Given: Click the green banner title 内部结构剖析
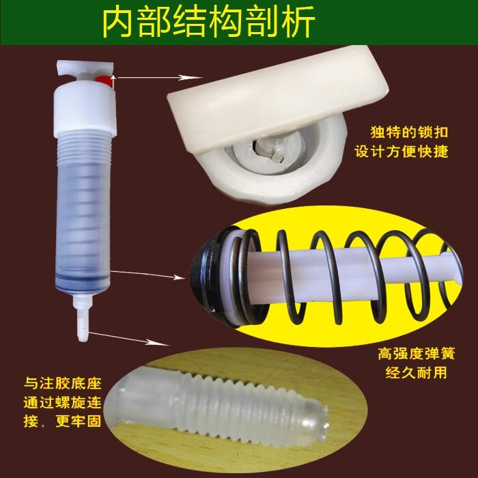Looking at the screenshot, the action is click(208, 23).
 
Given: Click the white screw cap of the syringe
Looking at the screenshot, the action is click(85, 108).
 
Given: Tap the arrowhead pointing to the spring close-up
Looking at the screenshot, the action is click(178, 277).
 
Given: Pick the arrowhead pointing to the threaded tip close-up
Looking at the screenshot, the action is click(158, 343).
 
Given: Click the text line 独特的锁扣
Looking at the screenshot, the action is click(409, 132).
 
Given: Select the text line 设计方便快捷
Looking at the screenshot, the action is click(402, 152).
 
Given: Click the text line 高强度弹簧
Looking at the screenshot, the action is click(417, 354).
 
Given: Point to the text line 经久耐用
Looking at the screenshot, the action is click(416, 372).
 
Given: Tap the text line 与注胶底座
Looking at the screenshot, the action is click(63, 383).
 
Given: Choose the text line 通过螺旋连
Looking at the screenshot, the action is click(63, 402).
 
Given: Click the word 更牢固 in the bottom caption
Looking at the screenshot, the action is click(79, 421).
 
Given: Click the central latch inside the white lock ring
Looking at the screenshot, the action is click(268, 149).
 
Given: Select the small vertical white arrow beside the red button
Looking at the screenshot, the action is click(113, 83).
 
